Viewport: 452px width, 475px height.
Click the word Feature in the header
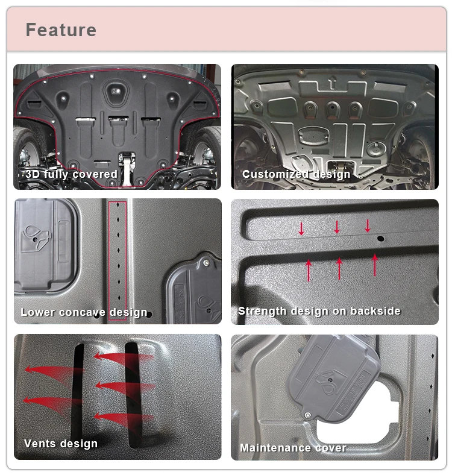[x=61, y=30]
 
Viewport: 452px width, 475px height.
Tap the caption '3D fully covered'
[x=71, y=174]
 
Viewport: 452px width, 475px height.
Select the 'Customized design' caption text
[x=296, y=174]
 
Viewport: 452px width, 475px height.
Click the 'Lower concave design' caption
[x=84, y=312]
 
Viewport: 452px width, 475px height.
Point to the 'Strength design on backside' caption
[x=319, y=311]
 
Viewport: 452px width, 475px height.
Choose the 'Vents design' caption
[x=60, y=444]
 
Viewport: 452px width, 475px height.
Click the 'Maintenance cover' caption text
[x=293, y=448]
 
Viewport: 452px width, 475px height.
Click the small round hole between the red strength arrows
[x=380, y=239]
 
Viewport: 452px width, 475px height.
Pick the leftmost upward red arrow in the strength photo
[x=309, y=270]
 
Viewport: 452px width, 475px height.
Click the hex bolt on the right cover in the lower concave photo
[x=207, y=263]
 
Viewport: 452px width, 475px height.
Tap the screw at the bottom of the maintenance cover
[x=309, y=415]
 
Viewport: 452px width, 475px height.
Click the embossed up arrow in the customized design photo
[x=332, y=81]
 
